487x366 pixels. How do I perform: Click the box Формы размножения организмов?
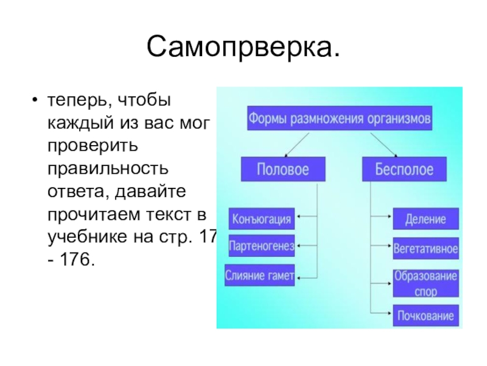click(x=339, y=117)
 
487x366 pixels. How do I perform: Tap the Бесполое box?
click(x=404, y=168)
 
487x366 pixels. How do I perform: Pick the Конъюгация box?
click(x=261, y=218)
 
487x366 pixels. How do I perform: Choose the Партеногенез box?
click(x=261, y=246)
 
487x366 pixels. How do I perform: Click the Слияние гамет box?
click(x=260, y=276)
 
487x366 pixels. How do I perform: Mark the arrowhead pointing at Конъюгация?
click(x=301, y=217)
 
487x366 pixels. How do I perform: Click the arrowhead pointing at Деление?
click(x=389, y=217)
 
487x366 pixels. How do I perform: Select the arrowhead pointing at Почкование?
click(x=389, y=315)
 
